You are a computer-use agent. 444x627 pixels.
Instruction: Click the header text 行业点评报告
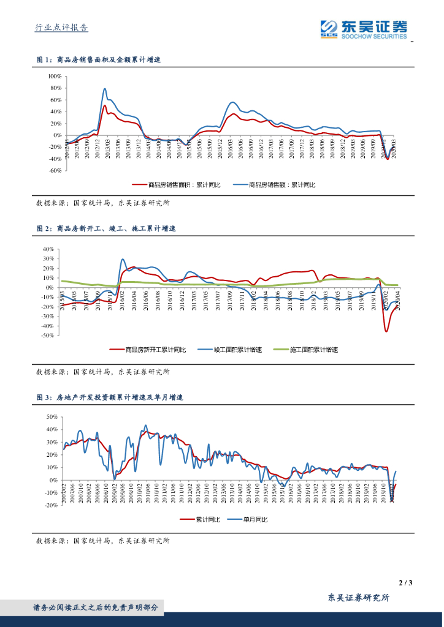point(61,28)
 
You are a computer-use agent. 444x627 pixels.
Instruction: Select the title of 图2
point(106,228)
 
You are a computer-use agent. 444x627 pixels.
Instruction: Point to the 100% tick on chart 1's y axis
point(53,77)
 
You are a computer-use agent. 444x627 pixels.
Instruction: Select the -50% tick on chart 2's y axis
point(48,336)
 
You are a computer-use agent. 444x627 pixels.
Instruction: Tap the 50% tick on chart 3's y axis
point(51,416)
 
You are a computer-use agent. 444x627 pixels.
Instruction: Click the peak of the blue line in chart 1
point(105,89)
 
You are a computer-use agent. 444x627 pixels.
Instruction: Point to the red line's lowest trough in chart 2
point(386,331)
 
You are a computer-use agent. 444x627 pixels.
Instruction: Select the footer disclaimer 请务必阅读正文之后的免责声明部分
point(95,608)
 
